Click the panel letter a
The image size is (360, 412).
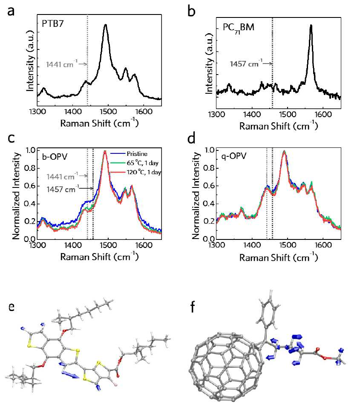click(11, 12)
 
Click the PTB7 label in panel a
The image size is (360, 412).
click(53, 24)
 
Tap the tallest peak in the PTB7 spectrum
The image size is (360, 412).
click(106, 26)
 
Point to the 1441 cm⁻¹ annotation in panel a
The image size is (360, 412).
click(62, 64)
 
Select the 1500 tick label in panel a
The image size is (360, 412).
click(108, 112)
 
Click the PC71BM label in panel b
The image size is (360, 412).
click(238, 28)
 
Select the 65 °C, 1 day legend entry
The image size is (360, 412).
click(134, 163)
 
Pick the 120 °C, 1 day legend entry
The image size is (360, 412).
click(135, 173)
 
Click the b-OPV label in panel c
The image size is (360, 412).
click(55, 157)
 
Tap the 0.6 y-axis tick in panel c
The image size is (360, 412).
click(30, 186)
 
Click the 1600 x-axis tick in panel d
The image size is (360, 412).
click(323, 245)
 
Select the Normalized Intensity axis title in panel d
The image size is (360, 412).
click(196, 196)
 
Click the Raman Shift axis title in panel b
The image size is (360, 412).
click(279, 126)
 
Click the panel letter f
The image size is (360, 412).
click(193, 307)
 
